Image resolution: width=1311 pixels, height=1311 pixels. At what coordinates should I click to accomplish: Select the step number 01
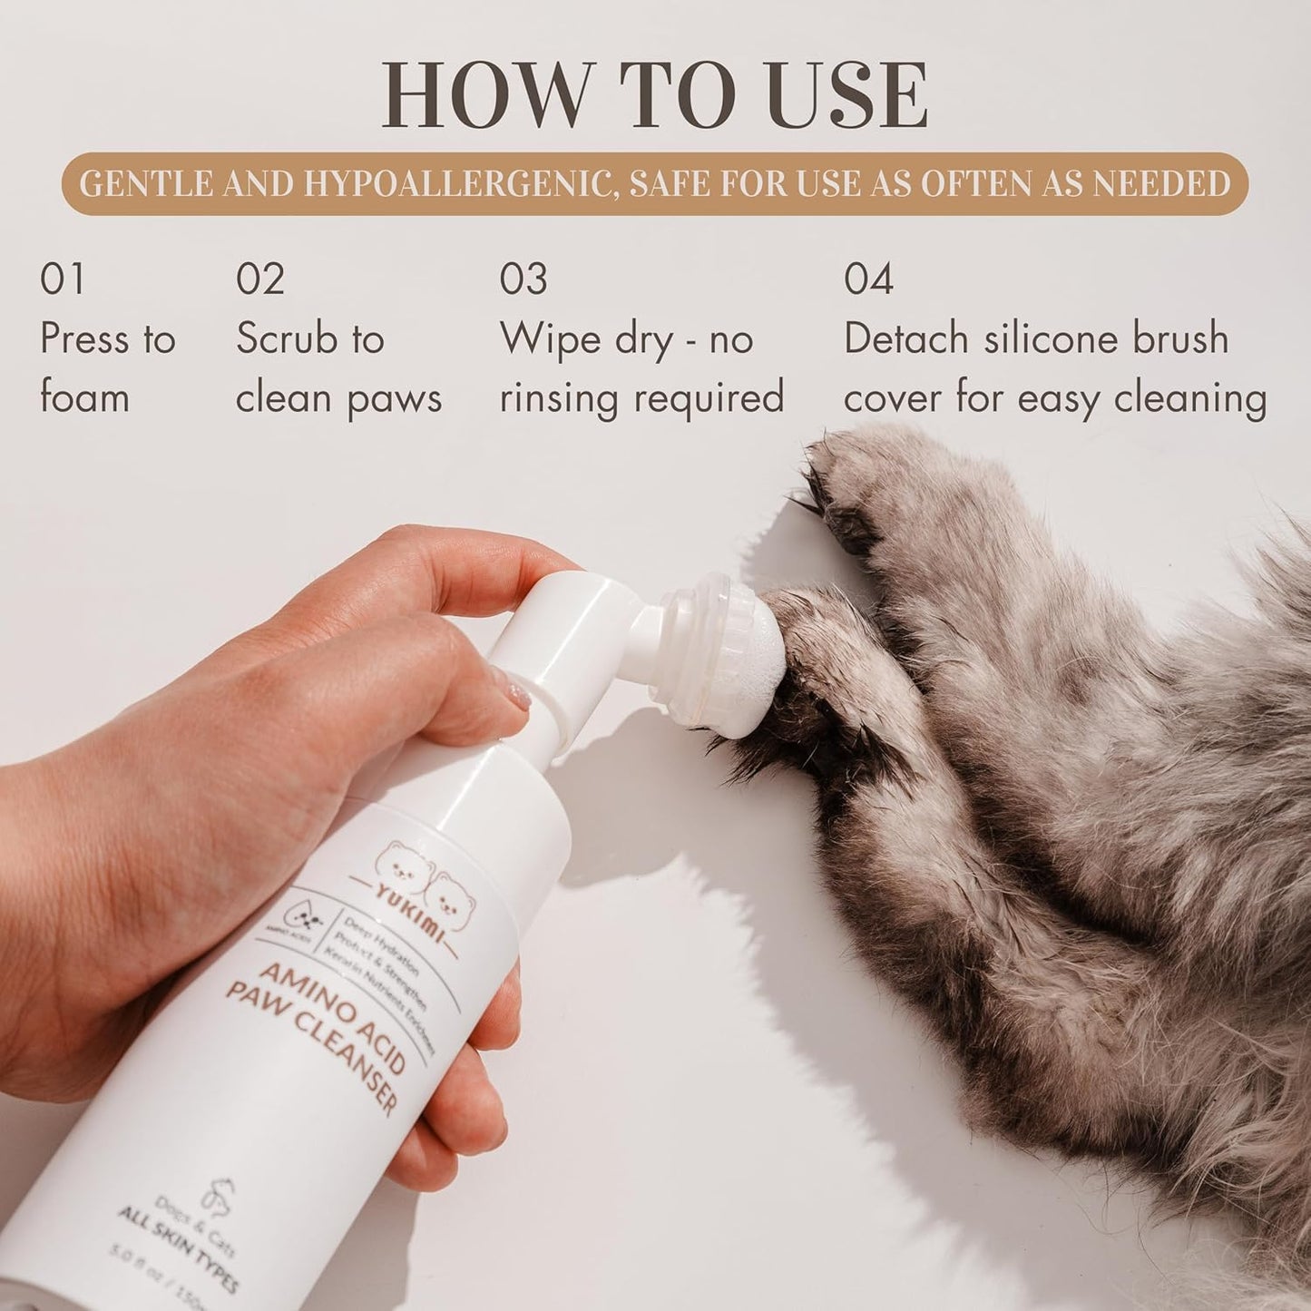63,279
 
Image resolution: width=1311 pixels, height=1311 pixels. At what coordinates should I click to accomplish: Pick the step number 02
260,279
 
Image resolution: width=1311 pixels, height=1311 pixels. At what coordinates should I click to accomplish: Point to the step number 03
523,279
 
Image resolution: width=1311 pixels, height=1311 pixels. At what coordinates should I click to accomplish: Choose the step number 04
868,279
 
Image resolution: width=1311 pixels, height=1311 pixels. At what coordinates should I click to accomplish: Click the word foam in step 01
84,398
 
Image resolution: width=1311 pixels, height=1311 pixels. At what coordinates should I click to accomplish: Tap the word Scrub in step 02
288,339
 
